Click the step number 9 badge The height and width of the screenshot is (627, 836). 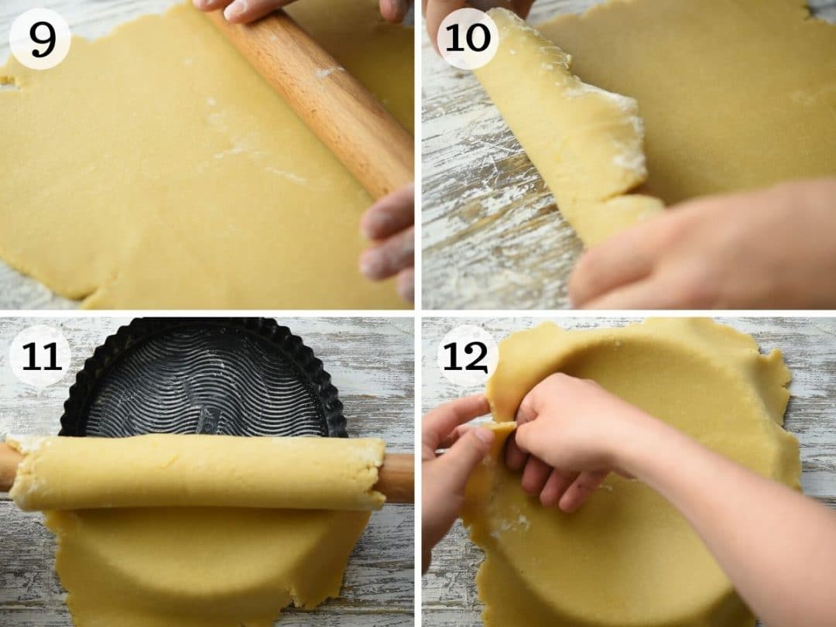39,39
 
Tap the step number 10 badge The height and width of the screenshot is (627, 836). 468,39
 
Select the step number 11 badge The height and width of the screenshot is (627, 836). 39,356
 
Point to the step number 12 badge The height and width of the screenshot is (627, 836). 468,356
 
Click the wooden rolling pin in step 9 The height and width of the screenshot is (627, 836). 325,101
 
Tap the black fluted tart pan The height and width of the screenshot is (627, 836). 203,379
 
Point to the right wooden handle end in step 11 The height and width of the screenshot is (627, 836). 398,477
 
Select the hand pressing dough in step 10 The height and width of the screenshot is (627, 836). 697,248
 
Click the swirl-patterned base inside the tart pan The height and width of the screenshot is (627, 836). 205,387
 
